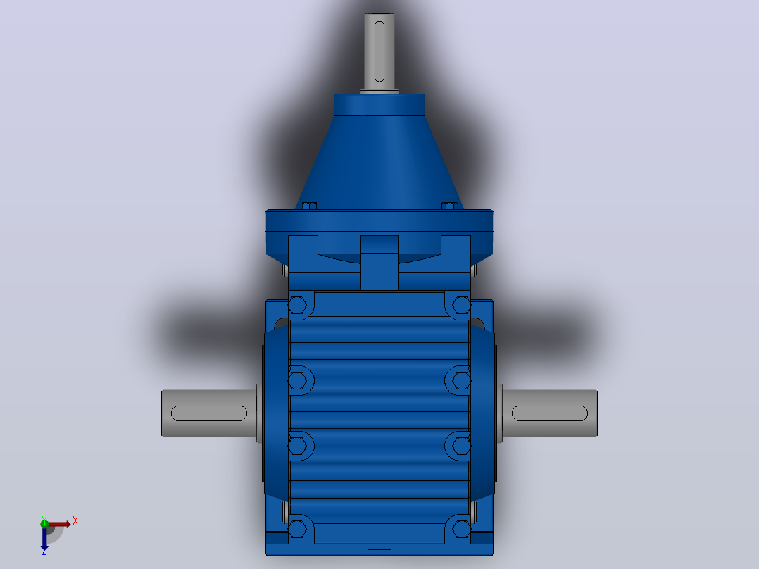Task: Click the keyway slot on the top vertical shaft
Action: [x=379, y=51]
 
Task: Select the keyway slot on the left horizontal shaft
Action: [x=209, y=413]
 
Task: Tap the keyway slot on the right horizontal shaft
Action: [x=549, y=413]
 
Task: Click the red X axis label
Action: [x=75, y=521]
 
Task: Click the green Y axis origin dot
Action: [x=44, y=523]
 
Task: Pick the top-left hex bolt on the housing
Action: [x=297, y=306]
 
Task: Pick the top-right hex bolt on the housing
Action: [x=461, y=306]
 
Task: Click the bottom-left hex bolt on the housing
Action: [x=297, y=530]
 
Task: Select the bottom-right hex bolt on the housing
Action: [x=461, y=530]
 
